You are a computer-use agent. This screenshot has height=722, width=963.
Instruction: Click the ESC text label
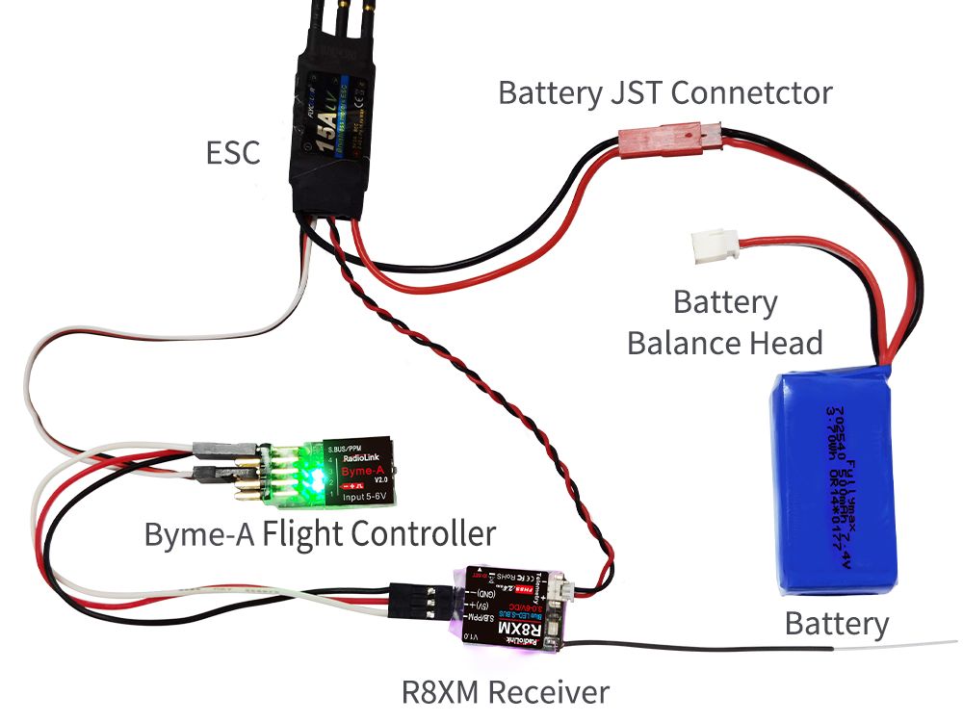tap(233, 152)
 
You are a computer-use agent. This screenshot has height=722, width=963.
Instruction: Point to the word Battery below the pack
tap(837, 623)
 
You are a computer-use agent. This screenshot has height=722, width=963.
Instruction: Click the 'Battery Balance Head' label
tap(725, 322)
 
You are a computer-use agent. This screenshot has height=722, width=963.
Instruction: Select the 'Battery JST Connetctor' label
tap(664, 93)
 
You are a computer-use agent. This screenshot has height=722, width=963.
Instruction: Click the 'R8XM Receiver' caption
tap(506, 690)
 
